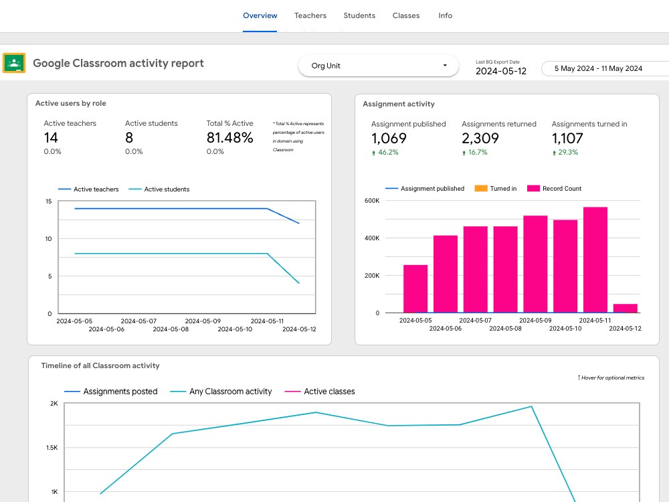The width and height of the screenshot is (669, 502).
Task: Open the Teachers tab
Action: (310, 15)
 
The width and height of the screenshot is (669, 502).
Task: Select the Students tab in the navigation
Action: (359, 15)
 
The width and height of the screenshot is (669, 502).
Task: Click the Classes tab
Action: (406, 15)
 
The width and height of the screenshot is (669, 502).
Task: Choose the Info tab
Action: (445, 15)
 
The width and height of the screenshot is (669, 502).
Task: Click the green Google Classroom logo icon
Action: (14, 63)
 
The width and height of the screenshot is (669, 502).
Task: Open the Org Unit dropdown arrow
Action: (445, 66)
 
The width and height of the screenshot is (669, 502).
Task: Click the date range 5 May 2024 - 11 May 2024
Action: (598, 68)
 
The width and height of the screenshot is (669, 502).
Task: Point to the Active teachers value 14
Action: (51, 137)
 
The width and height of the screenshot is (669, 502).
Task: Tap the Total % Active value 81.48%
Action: (229, 137)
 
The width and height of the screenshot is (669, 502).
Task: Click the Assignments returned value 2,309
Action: (480, 139)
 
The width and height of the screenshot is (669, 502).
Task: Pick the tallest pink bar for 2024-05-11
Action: (595, 260)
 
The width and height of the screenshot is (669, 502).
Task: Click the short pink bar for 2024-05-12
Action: (625, 308)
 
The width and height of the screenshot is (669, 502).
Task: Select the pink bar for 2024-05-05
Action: (415, 289)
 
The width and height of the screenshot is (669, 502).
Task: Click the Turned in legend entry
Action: (495, 188)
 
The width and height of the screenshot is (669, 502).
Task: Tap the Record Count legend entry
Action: (554, 188)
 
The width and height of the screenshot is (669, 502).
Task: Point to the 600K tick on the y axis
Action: (371, 201)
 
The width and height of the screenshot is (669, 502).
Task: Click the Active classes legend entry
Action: (320, 392)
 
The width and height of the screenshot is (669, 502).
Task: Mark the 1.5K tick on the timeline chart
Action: (52, 447)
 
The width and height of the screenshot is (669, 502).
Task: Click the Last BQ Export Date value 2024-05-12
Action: (501, 71)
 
